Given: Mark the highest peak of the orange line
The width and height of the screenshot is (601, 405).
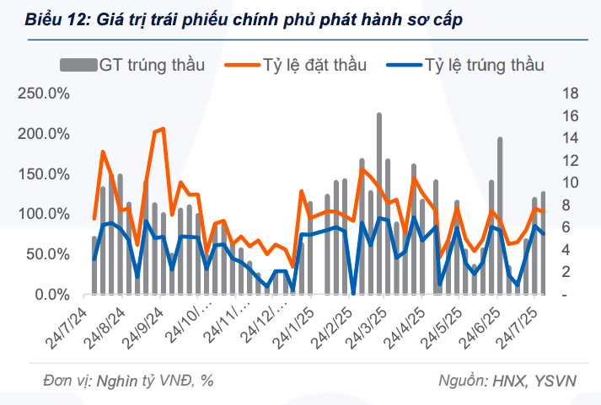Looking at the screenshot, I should (162, 129).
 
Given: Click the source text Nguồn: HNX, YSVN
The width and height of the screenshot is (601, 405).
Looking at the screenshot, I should (507, 381).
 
